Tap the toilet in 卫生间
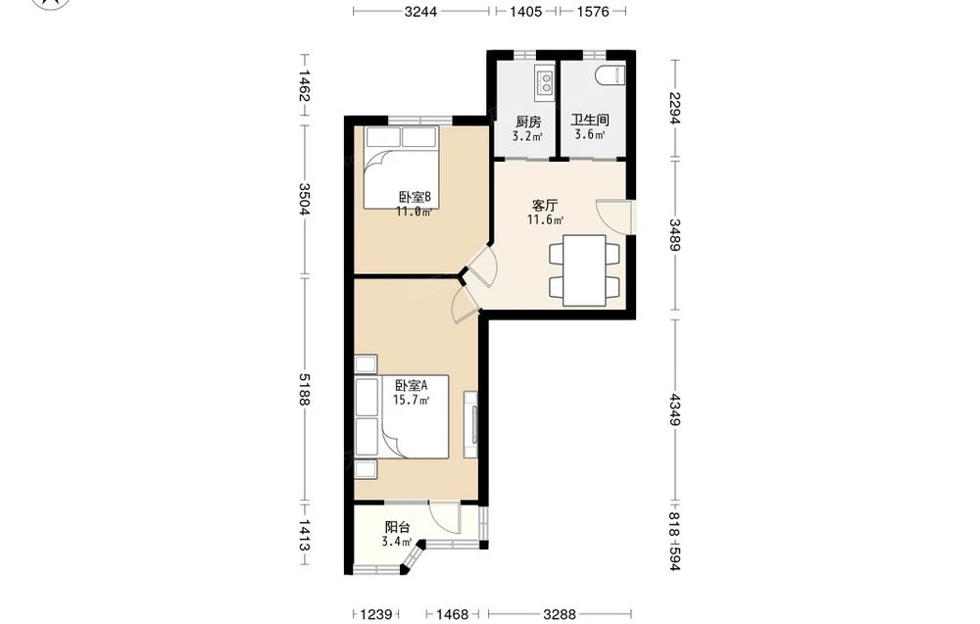[x=612, y=75]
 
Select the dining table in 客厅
[x=584, y=270]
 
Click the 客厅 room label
[x=545, y=205]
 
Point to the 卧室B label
[x=415, y=198]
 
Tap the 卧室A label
[x=412, y=386]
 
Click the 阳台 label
[x=398, y=528]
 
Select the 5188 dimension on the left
[x=305, y=389]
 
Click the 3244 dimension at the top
[x=420, y=11]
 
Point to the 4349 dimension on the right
[x=674, y=409]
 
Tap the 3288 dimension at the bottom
[x=560, y=614]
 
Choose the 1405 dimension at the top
[x=526, y=11]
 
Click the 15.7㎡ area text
[x=411, y=401]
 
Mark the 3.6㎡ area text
[x=590, y=134]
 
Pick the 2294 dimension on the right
[x=674, y=109]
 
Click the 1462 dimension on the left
[x=305, y=85]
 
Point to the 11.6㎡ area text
[x=545, y=219]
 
